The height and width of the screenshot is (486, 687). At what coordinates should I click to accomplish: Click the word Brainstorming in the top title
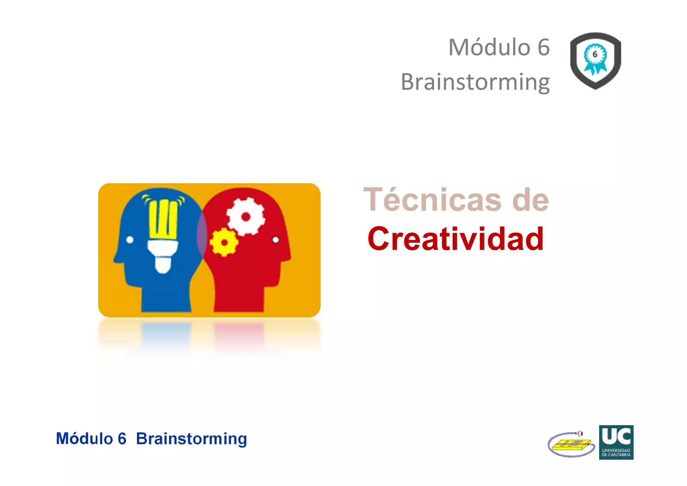click(475, 82)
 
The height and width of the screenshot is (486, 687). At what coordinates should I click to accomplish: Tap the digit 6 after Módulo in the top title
click(543, 47)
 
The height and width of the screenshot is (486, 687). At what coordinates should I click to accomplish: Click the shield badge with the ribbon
click(595, 61)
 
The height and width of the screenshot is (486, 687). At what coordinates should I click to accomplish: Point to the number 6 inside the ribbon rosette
click(595, 54)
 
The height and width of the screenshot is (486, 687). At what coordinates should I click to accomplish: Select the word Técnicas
click(432, 200)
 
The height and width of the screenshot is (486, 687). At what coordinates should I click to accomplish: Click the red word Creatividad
click(456, 239)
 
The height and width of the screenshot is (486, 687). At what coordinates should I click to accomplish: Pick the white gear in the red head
click(246, 216)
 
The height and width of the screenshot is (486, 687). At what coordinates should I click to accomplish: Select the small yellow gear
click(224, 242)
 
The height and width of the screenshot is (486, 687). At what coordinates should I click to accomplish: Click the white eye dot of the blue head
click(130, 240)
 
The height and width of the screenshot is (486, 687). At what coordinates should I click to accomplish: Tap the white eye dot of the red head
click(275, 240)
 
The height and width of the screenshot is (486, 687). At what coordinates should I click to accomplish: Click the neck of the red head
click(239, 295)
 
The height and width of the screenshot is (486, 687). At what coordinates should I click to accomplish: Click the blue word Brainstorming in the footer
click(192, 439)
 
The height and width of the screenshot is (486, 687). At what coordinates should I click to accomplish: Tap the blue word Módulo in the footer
click(84, 439)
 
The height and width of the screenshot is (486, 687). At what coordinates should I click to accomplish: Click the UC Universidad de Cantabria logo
click(616, 442)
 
